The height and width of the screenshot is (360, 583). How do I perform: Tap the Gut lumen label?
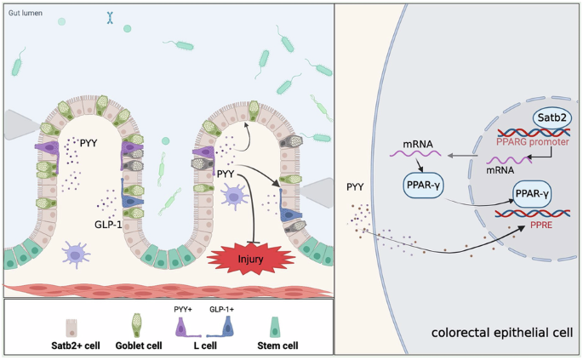pos(26,14)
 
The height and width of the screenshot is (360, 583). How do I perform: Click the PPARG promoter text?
pos(532,141)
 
